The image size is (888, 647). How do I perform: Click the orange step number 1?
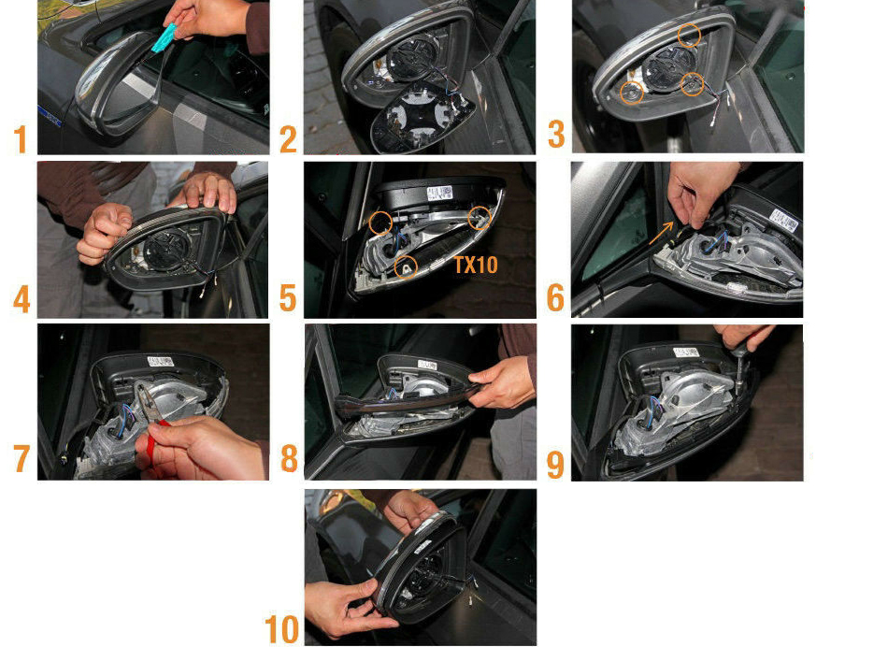pyautogui.click(x=21, y=139)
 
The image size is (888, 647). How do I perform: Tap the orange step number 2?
pyautogui.click(x=288, y=139)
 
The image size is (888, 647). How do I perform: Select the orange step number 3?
pyautogui.click(x=556, y=135)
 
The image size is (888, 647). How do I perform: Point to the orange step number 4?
pyautogui.click(x=21, y=300)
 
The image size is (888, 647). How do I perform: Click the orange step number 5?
pyautogui.click(x=288, y=298)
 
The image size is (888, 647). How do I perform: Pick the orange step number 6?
pyautogui.click(x=555, y=298)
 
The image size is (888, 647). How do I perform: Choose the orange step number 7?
pyautogui.click(x=21, y=458)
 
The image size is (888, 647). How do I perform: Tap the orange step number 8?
pyautogui.click(x=289, y=458)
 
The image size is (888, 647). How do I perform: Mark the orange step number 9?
pyautogui.click(x=555, y=464)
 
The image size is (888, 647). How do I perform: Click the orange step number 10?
pyautogui.click(x=282, y=629)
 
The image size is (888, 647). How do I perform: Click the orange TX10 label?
pyautogui.click(x=476, y=265)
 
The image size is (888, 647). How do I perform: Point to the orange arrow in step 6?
pyautogui.click(x=662, y=233)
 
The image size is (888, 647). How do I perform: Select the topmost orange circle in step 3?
pyautogui.click(x=689, y=36)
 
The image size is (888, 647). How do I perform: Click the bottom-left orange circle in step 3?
pyautogui.click(x=632, y=93)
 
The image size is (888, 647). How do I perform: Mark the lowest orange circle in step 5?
pyautogui.click(x=406, y=266)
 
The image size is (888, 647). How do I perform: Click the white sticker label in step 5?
pyautogui.click(x=439, y=194)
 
